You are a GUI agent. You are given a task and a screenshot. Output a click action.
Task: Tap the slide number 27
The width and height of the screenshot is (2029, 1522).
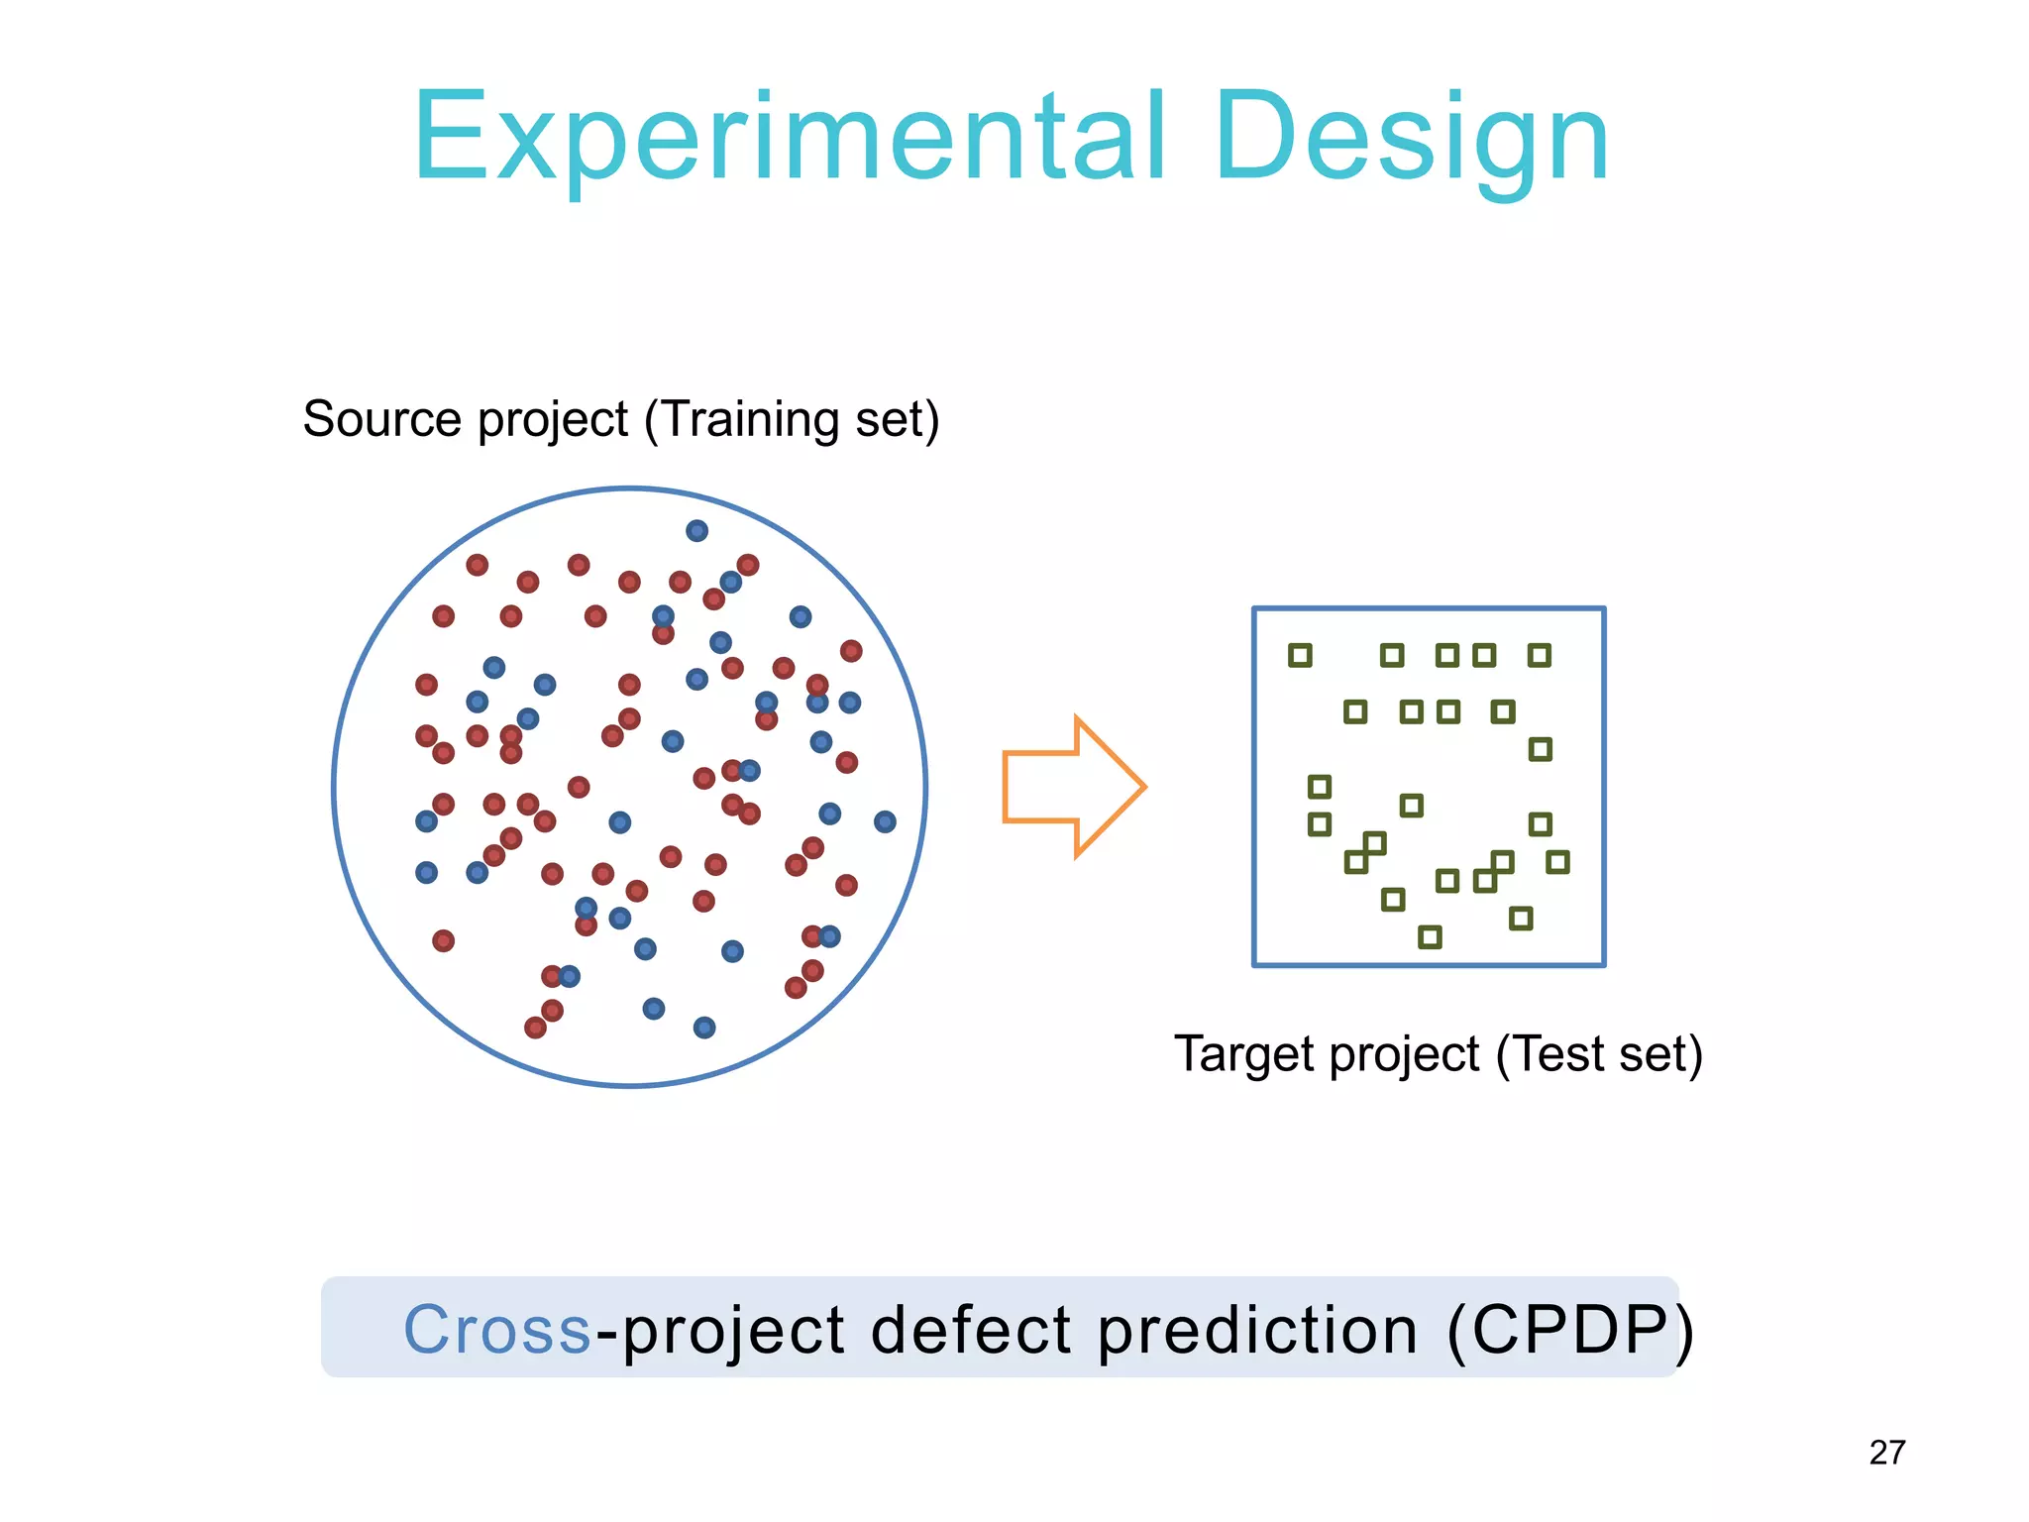pyautogui.click(x=1886, y=1453)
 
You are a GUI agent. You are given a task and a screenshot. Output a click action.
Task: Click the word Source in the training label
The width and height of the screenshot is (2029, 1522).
pyautogui.click(x=381, y=418)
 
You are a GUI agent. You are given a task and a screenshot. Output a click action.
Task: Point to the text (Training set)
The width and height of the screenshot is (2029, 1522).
pyautogui.click(x=791, y=418)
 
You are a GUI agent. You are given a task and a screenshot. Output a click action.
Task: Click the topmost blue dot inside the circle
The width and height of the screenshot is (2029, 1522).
pyautogui.click(x=696, y=531)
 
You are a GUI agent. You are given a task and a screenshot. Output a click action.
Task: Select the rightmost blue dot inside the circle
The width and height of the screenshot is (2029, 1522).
pyautogui.click(x=885, y=821)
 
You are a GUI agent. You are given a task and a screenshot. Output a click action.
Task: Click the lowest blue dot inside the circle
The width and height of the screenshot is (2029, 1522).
pyautogui.click(x=704, y=1028)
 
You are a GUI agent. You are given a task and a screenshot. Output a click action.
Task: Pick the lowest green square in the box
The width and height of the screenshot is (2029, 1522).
pyautogui.click(x=1430, y=936)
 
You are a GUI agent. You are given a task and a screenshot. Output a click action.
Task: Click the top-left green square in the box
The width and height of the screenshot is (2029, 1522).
pyautogui.click(x=1300, y=655)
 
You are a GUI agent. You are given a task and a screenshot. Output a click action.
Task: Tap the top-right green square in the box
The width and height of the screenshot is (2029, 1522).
pyautogui.click(x=1539, y=655)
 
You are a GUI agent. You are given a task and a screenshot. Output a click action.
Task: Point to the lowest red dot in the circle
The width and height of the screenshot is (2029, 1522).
pyautogui.click(x=535, y=1028)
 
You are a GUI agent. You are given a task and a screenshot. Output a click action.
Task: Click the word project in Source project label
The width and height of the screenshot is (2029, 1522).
pyautogui.click(x=552, y=420)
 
